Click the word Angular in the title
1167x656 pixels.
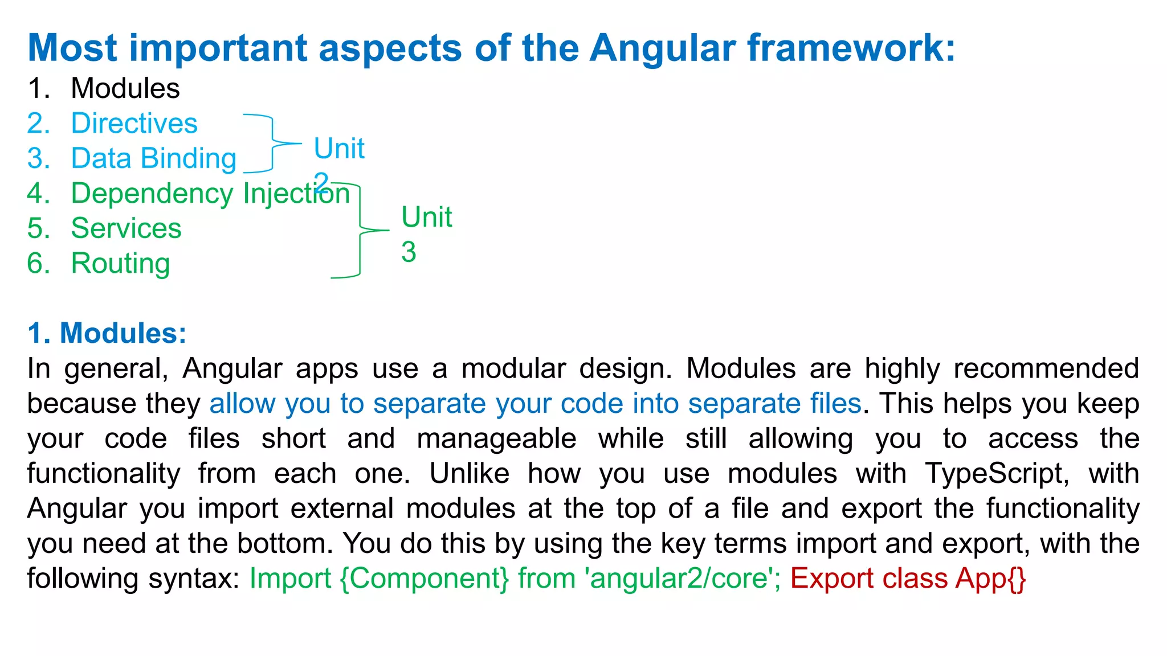point(662,48)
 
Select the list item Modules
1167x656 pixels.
point(125,89)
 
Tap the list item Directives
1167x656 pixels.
point(134,124)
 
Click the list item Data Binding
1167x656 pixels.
point(153,159)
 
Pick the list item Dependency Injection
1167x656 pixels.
point(210,194)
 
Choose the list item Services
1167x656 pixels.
point(126,228)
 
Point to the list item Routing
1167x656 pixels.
point(120,264)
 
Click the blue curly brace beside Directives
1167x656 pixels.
point(272,143)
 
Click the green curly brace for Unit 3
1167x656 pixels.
point(360,231)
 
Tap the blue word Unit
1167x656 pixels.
point(339,149)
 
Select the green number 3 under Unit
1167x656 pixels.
point(409,252)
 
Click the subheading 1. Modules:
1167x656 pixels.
point(107,333)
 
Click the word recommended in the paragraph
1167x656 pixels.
point(1046,368)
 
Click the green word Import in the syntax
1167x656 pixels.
point(290,579)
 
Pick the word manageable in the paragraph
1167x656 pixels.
point(496,439)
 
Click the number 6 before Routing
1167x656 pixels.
point(38,264)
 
